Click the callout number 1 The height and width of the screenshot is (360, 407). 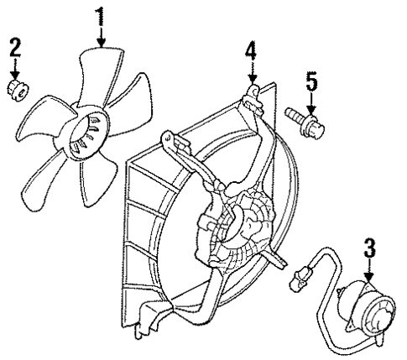[x=101, y=14]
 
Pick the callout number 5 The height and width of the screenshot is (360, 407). [x=311, y=81]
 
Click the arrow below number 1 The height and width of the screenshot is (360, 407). [x=101, y=35]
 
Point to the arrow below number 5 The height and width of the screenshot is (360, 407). [x=311, y=102]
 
